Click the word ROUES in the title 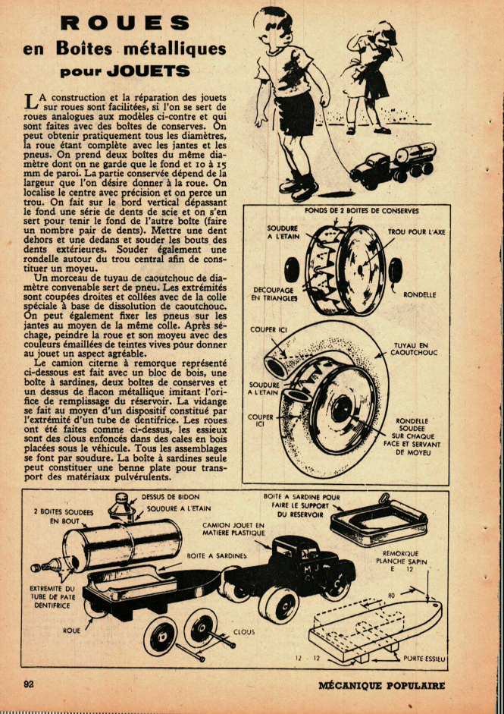(125, 23)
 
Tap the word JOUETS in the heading (148, 71)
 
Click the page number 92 (29, 684)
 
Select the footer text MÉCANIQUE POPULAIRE (381, 685)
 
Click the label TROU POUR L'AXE (416, 232)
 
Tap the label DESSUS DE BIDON (171, 496)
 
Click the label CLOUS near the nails (244, 631)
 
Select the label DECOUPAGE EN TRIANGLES (274, 294)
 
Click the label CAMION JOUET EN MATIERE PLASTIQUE (233, 529)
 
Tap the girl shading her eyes (371, 77)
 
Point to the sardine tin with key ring (378, 518)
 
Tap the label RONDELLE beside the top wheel (419, 295)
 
